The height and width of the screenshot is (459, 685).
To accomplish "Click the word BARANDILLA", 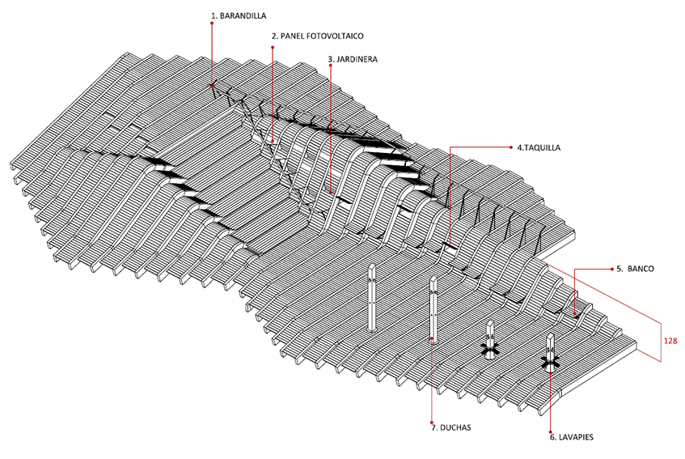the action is (x=243, y=15).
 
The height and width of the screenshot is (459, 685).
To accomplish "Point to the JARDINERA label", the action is (x=353, y=59).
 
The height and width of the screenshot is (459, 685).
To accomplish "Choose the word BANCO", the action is (x=641, y=269).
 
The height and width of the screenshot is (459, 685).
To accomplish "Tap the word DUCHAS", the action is (x=455, y=427).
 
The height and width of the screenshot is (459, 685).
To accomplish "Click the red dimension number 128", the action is (x=670, y=341).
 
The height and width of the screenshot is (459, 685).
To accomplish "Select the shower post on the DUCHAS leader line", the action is (x=433, y=309).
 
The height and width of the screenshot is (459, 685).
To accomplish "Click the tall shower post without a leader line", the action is (x=372, y=297).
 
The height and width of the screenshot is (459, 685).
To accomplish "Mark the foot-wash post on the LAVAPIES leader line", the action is (x=551, y=353).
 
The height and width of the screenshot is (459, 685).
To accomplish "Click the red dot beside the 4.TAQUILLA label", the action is (x=512, y=147).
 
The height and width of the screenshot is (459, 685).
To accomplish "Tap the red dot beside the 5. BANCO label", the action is (x=612, y=269).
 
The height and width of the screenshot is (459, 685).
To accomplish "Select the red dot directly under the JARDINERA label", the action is (x=331, y=66).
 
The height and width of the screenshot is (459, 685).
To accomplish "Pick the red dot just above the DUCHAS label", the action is (x=432, y=423).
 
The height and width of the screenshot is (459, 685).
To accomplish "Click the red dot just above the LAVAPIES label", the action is (x=551, y=432).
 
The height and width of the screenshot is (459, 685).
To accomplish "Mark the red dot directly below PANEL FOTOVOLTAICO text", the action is (x=273, y=47).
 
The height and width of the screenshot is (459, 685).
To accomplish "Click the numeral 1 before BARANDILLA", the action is (x=214, y=15).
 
